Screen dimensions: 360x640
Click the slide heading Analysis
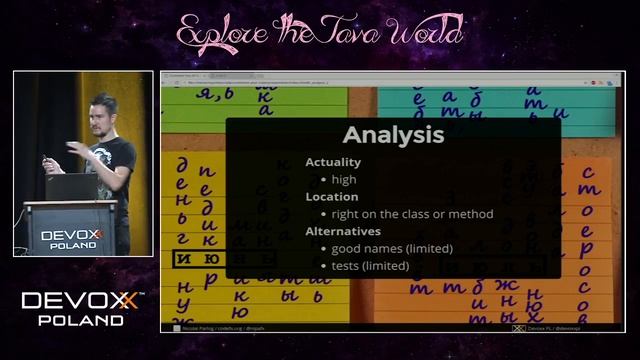click(393, 135)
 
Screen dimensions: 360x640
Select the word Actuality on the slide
click(333, 162)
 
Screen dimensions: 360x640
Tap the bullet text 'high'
click(344, 179)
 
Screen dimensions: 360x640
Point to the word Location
click(331, 197)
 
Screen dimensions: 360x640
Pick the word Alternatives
click(342, 231)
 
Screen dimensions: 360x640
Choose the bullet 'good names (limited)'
click(392, 248)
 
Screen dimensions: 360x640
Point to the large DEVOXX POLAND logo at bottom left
click(82, 308)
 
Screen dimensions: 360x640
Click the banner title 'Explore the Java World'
click(320, 32)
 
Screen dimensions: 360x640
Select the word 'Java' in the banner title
click(355, 33)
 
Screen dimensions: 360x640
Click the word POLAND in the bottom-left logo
click(81, 320)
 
